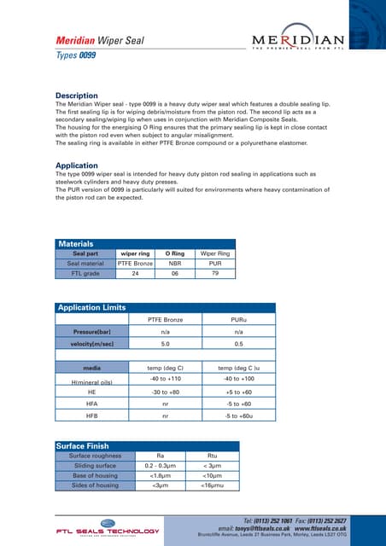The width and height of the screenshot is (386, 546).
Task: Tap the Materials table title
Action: click(x=75, y=244)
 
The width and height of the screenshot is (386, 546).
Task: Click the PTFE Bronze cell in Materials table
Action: click(x=134, y=264)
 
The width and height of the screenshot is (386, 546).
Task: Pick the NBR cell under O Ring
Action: click(x=175, y=264)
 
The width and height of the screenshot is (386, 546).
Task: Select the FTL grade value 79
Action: click(x=216, y=274)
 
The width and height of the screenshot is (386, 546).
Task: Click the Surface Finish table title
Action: click(x=83, y=445)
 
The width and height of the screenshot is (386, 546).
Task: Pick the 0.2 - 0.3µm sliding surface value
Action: click(x=160, y=466)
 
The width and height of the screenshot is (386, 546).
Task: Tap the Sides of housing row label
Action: click(x=94, y=485)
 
